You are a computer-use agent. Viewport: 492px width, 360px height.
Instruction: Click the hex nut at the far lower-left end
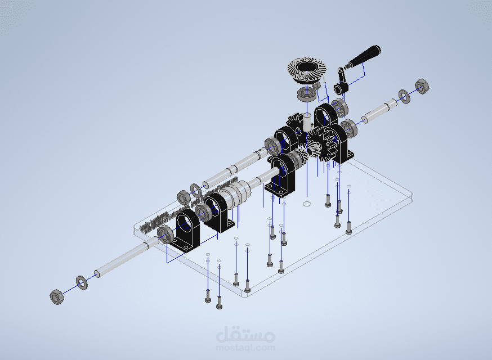[57, 296]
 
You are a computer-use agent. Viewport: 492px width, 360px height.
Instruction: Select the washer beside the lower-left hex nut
[82, 282]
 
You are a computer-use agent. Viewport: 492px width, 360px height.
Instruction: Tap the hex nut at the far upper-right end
[422, 86]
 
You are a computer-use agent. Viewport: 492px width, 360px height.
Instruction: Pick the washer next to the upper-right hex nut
[404, 97]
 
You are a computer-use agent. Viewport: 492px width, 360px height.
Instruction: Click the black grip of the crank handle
[364, 56]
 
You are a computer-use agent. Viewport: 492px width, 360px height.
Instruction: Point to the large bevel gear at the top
[307, 70]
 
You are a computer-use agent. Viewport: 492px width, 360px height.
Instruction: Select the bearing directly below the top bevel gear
[307, 94]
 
